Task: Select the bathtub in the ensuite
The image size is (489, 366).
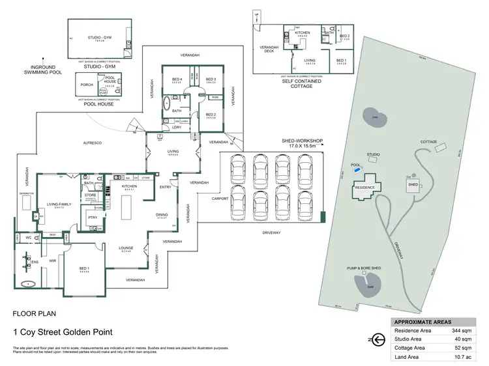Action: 27,284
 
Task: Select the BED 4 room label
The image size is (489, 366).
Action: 175,79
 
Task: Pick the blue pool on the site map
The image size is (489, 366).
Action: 357,171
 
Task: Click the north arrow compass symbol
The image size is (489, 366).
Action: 376,339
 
